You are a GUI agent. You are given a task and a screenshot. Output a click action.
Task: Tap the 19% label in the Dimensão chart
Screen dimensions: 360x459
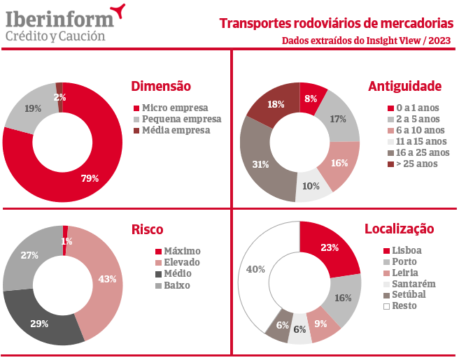pos(33,108)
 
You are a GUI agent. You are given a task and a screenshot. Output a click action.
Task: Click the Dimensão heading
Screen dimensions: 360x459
pos(161,87)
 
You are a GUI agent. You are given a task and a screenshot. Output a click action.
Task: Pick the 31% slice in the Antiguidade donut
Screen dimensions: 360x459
pos(260,165)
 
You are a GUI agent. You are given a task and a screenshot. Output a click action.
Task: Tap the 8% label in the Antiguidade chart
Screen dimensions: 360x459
pos(311,99)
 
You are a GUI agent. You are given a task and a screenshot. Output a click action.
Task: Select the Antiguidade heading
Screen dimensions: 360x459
pos(404,87)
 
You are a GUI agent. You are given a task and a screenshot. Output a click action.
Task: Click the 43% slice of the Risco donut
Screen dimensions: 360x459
pos(107,279)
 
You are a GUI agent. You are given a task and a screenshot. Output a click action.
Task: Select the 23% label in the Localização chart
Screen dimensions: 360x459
pos(330,247)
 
